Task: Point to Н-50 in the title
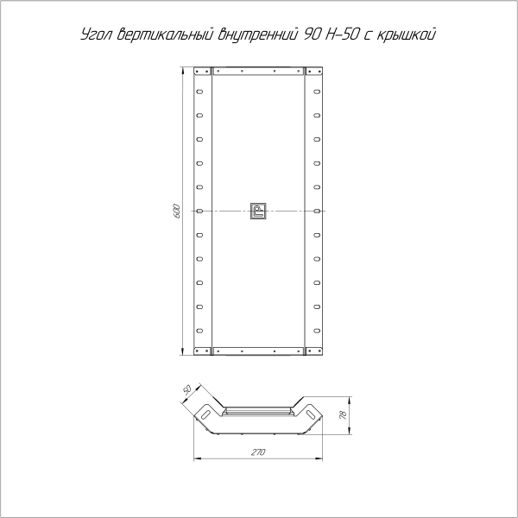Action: coord(344,35)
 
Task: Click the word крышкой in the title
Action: coord(409,35)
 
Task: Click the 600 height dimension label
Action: coord(175,210)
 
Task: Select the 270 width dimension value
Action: coord(257,452)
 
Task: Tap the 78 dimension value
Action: coord(343,416)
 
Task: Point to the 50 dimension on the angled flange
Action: coord(186,389)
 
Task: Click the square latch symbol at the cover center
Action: coord(258,211)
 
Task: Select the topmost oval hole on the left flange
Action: coord(199,91)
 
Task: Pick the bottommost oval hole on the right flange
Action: coord(317,330)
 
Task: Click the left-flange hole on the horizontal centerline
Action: coord(199,211)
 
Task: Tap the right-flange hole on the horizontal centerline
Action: coord(317,211)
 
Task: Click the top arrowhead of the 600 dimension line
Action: coord(183,69)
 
